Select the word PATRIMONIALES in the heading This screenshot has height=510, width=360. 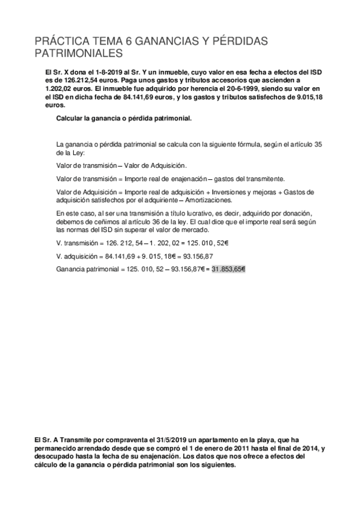78,55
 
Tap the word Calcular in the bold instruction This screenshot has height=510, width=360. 70,118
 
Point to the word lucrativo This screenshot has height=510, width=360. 174,213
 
